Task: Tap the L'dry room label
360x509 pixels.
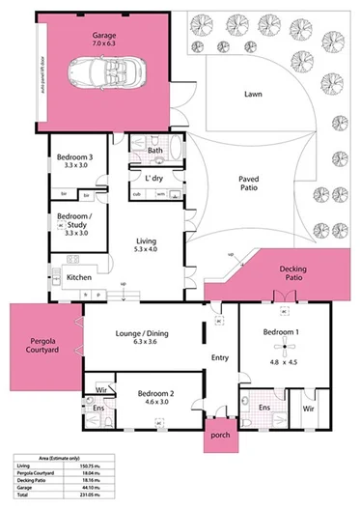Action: click(x=154, y=179)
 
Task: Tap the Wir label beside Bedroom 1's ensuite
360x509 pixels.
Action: click(x=309, y=409)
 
